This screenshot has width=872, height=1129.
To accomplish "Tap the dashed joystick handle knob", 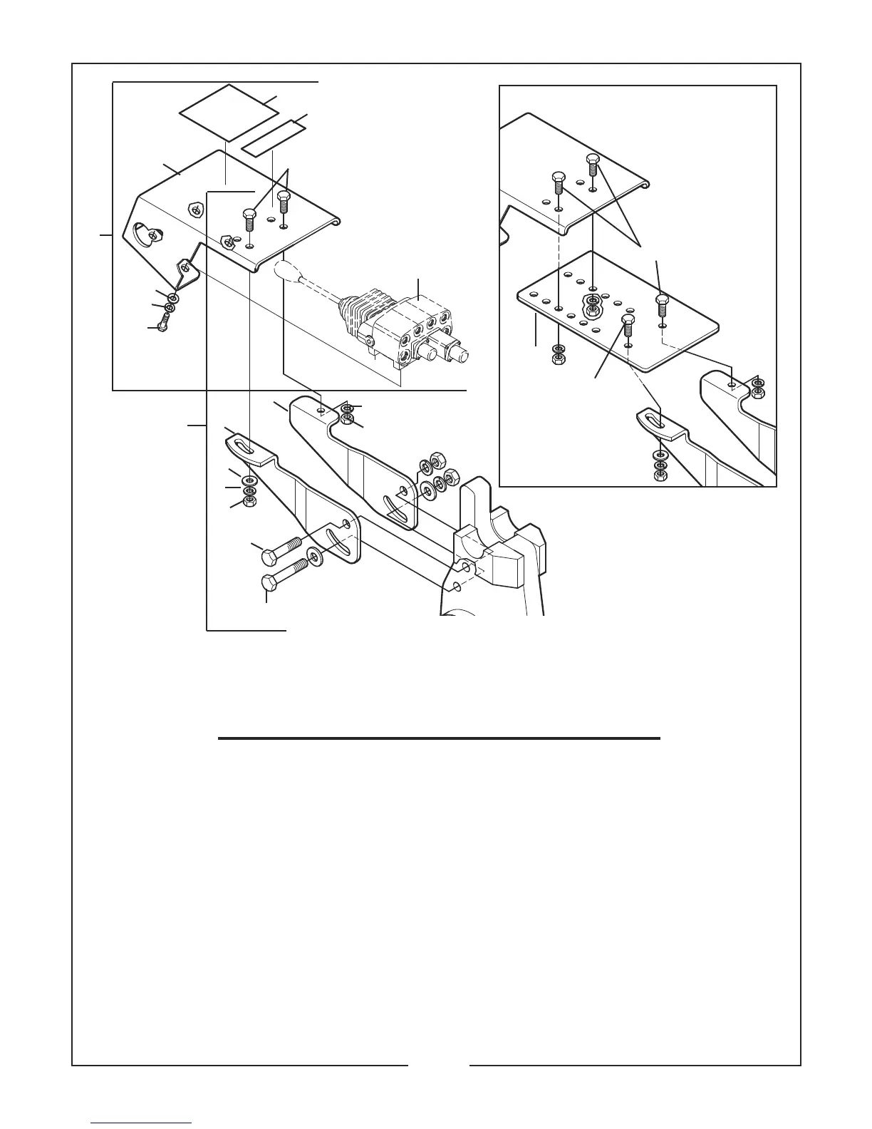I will point(286,271).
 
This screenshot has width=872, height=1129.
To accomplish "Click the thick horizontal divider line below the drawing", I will point(439,738).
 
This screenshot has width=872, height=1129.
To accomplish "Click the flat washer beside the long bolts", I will point(315,556).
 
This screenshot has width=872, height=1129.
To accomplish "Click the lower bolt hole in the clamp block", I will point(455,586).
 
